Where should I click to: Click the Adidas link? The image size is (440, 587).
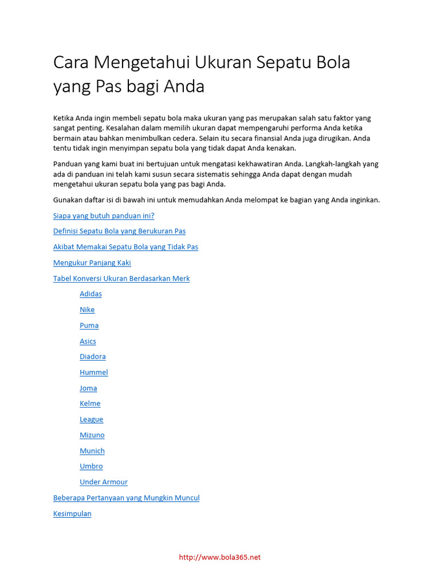click(91, 294)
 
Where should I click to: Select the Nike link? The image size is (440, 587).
click(87, 310)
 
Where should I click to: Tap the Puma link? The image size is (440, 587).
click(89, 326)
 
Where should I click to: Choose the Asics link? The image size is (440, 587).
click(88, 341)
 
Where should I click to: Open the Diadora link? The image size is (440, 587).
click(93, 357)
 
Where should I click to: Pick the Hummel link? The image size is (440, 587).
click(94, 373)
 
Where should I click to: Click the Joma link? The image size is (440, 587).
click(88, 388)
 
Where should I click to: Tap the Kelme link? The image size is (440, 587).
click(90, 404)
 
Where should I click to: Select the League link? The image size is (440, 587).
click(92, 420)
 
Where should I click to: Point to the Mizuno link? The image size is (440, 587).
click(92, 435)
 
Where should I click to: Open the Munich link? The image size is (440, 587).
click(92, 451)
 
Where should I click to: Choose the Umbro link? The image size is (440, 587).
click(91, 467)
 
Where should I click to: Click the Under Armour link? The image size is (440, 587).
click(104, 482)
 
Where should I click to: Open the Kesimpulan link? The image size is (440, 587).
click(72, 514)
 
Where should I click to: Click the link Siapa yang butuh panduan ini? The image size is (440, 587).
click(104, 216)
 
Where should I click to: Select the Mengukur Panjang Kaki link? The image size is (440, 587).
click(92, 263)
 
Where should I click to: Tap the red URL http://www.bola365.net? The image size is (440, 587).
click(220, 557)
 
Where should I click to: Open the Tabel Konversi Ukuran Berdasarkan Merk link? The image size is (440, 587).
click(121, 279)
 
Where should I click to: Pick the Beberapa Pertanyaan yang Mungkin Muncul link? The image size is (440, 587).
click(126, 498)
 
